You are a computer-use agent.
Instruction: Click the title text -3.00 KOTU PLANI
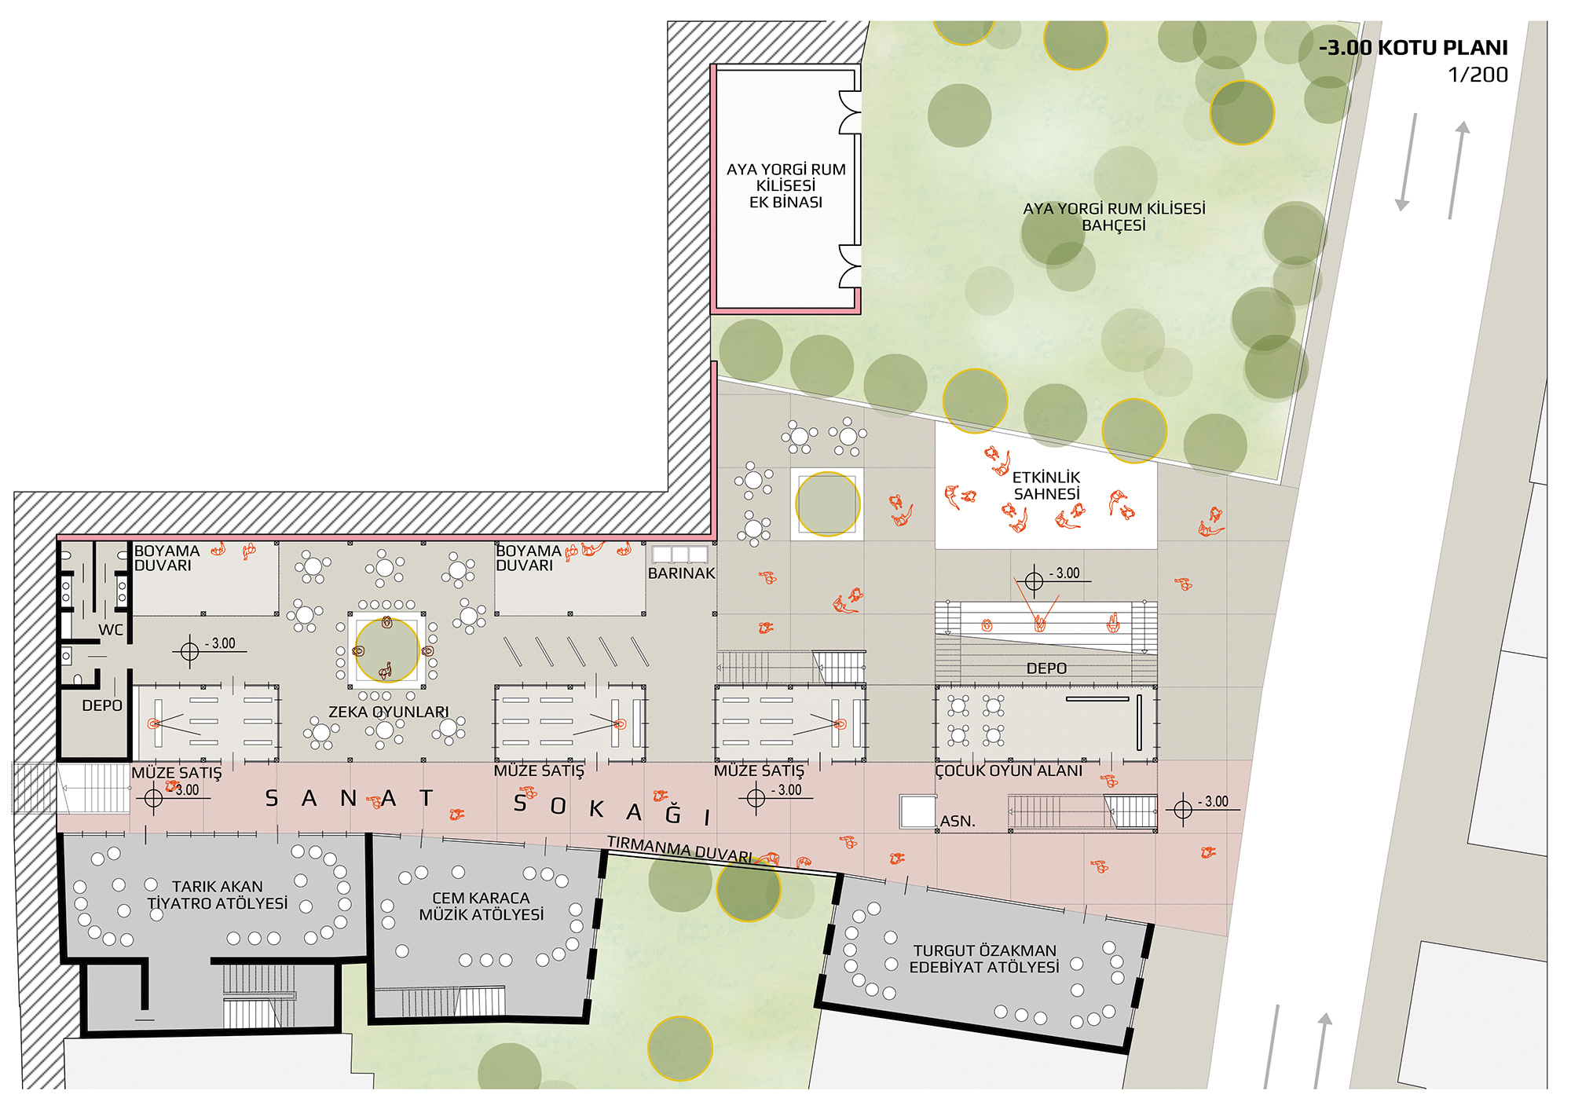[x=1413, y=48]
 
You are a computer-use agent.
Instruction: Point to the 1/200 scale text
[x=1478, y=75]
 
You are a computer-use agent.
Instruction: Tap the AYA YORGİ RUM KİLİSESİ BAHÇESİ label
[x=1114, y=217]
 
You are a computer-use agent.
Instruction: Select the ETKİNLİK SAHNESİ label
[x=1046, y=485]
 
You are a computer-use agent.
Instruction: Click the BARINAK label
[x=681, y=573]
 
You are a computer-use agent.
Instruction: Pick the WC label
[x=110, y=630]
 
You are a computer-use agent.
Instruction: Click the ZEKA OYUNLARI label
[x=388, y=712]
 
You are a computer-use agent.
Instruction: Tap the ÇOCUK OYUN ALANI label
[x=1009, y=771]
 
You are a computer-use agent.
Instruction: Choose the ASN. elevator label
[x=958, y=821]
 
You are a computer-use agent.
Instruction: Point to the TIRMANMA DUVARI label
[x=679, y=848]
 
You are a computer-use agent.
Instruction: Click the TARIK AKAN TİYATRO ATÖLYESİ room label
[x=218, y=895]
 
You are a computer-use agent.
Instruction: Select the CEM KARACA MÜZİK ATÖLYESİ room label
[x=481, y=906]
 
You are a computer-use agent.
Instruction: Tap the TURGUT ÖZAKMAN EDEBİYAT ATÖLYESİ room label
[x=984, y=958]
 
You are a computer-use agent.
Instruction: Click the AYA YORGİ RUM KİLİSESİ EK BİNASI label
[x=785, y=185]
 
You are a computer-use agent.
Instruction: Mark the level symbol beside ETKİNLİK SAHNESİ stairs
[x=1034, y=581]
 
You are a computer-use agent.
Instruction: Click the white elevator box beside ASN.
[x=917, y=811]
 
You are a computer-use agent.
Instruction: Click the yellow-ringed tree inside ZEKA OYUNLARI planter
[x=387, y=650]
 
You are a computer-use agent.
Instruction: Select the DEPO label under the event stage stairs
[x=1046, y=668]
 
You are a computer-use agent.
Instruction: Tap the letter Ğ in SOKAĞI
[x=673, y=813]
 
